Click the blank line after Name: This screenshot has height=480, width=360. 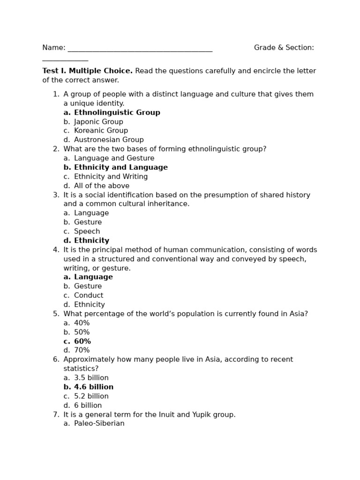click(140, 49)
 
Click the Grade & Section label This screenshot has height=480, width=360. click(284, 48)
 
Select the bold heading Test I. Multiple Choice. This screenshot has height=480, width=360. click(88, 71)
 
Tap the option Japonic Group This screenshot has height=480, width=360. click(98, 122)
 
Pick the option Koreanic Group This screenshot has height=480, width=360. click(101, 131)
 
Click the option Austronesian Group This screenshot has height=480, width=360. click(109, 140)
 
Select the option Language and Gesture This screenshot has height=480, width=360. click(114, 158)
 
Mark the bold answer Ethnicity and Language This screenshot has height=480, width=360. click(120, 167)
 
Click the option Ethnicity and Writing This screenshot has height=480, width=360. click(111, 177)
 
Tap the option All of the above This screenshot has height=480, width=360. click(101, 186)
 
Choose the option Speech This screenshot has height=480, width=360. click(87, 232)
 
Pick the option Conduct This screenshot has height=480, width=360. click(89, 295)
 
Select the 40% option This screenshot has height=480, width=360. click(82, 323)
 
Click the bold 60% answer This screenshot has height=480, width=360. click(82, 341)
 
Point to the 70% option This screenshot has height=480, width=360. click(82, 350)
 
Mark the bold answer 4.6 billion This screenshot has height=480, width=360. click(94, 387)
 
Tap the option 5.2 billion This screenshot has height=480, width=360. click(91, 396)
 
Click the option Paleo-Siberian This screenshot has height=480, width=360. click(99, 424)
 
